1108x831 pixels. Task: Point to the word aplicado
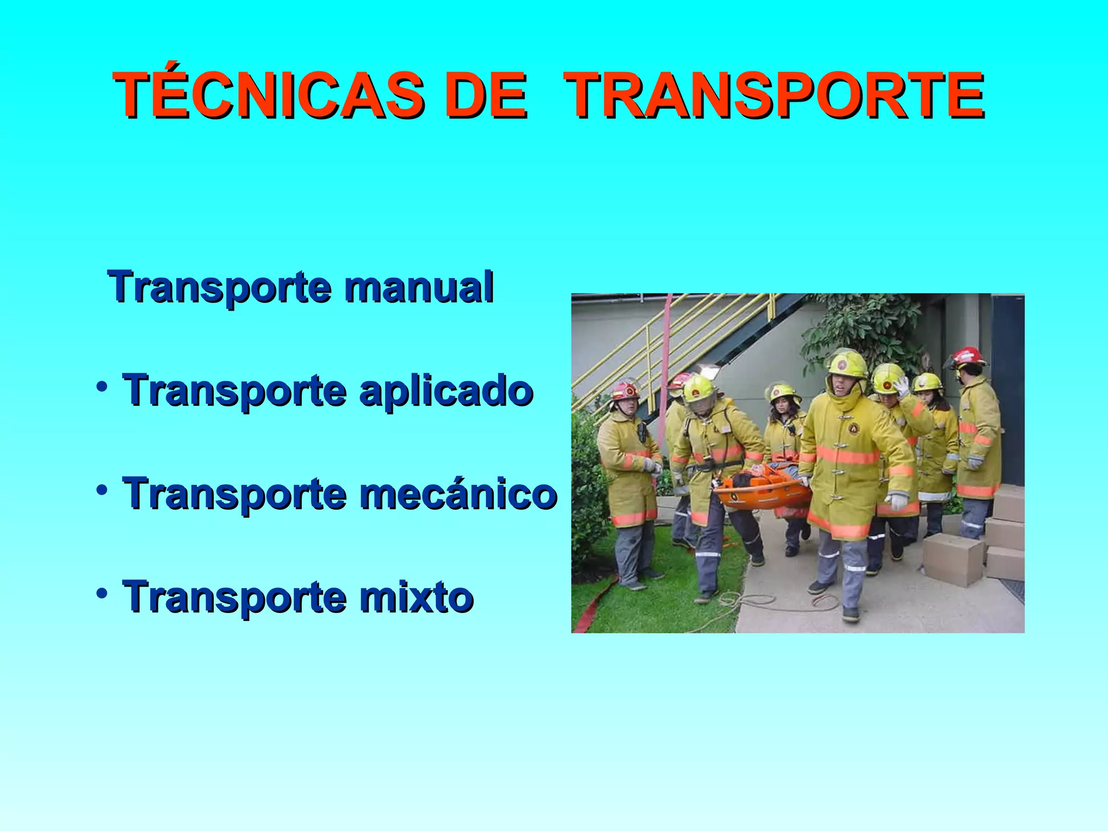tap(446, 391)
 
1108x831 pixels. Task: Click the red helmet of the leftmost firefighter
tap(625, 390)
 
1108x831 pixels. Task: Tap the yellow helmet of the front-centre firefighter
tap(847, 364)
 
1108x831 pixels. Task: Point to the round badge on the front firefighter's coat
tap(853, 429)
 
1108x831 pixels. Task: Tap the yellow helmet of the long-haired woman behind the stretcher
tap(782, 392)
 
